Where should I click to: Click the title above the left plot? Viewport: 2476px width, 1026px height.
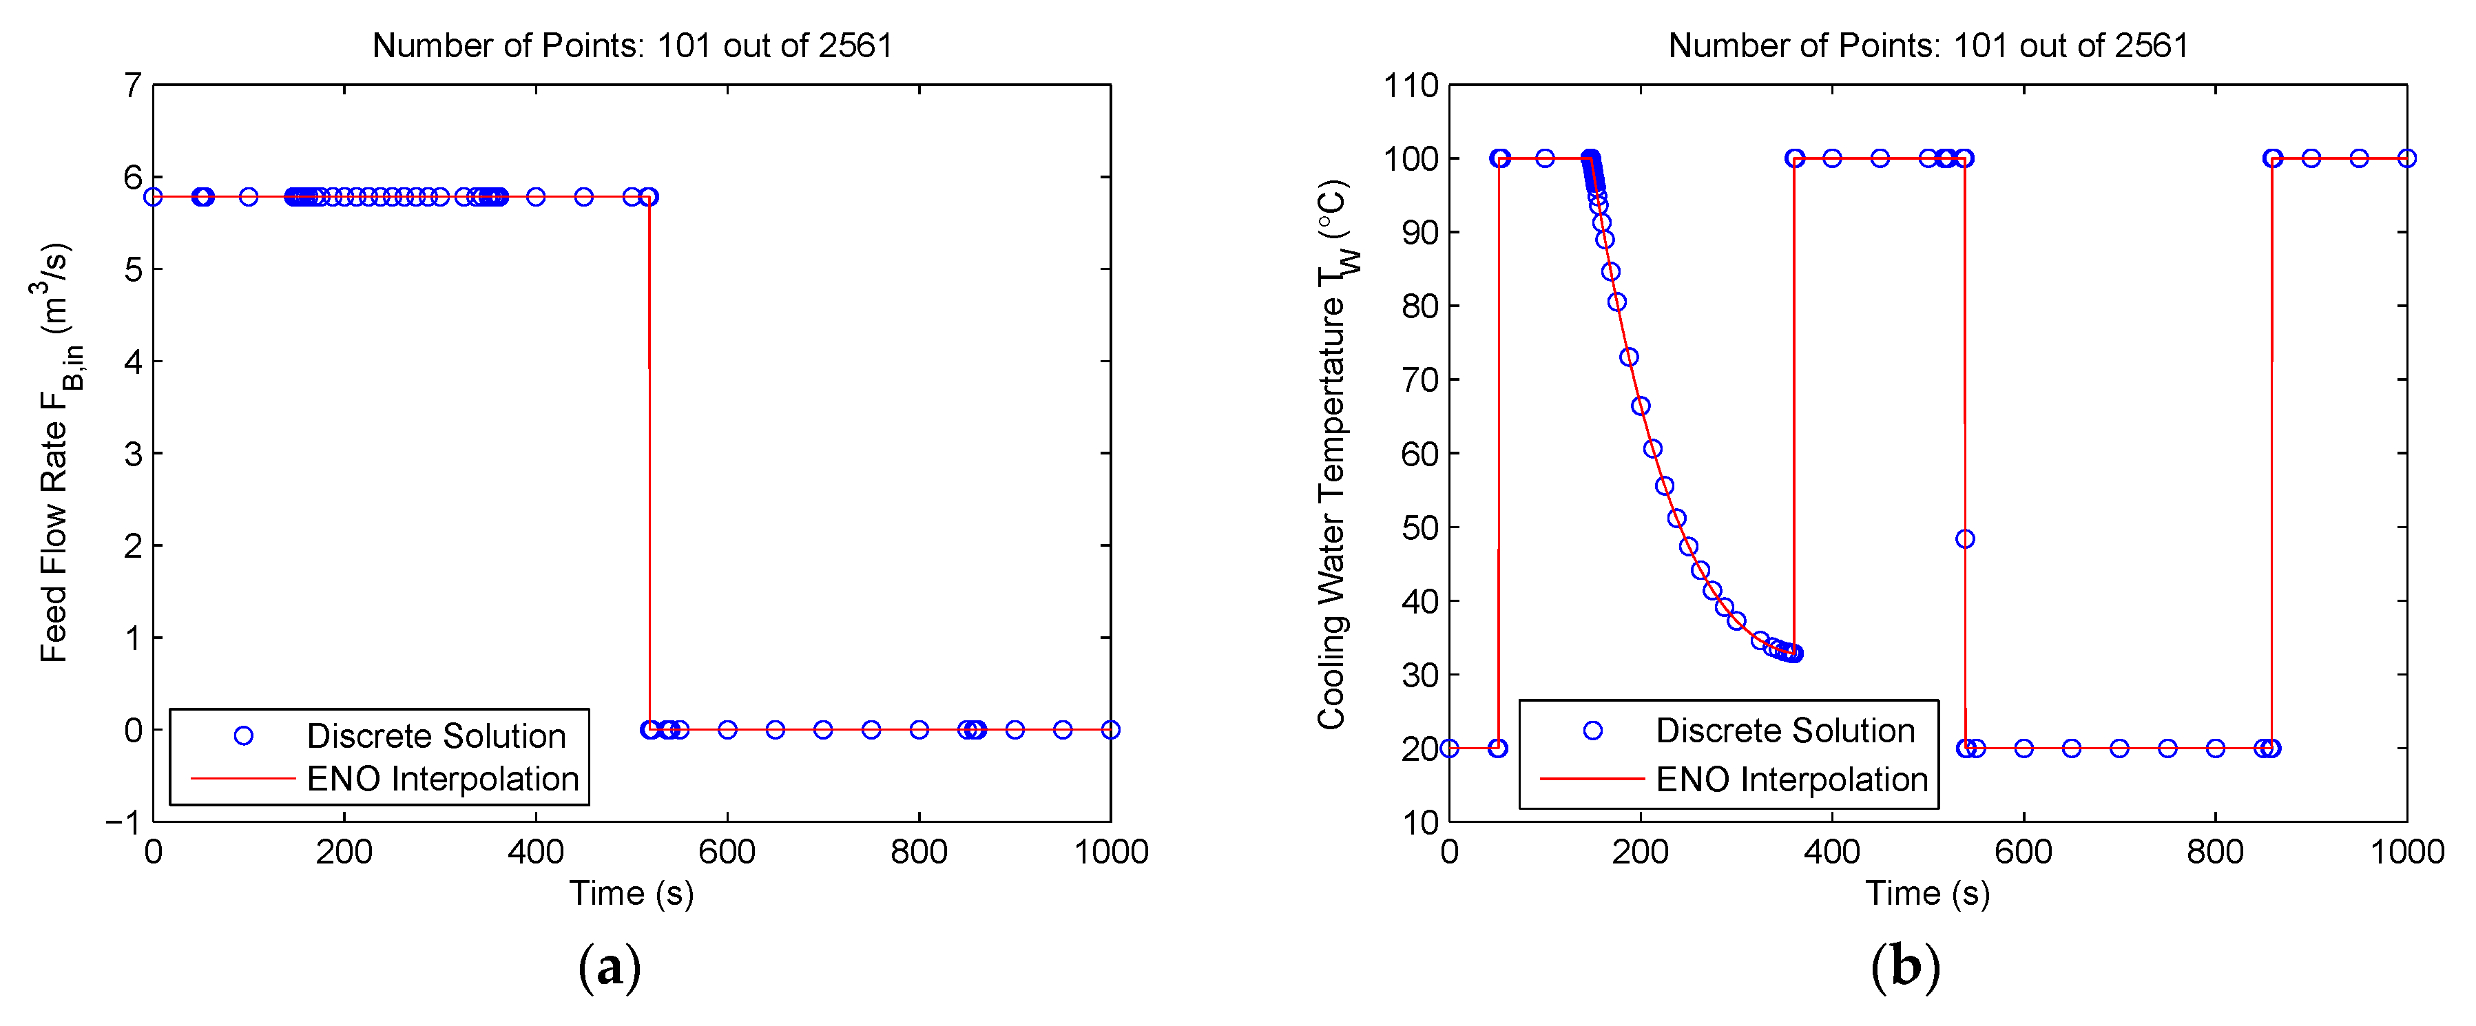[x=632, y=45]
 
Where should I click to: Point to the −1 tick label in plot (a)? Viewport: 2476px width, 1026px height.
[x=123, y=822]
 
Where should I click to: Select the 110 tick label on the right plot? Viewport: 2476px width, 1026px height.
[x=1410, y=85]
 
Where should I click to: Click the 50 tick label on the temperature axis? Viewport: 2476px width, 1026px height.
[x=1419, y=527]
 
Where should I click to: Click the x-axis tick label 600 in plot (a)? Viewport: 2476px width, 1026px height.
[x=727, y=852]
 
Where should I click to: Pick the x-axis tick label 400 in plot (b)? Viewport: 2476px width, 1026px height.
[x=1831, y=852]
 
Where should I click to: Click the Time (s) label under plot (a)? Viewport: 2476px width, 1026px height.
[x=632, y=893]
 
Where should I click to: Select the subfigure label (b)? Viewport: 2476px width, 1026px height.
[x=1905, y=967]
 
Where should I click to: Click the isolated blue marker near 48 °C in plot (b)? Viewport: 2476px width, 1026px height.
[x=1965, y=539]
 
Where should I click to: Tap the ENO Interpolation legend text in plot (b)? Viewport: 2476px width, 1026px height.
[x=1791, y=779]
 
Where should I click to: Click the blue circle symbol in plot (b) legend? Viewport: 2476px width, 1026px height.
[x=1592, y=730]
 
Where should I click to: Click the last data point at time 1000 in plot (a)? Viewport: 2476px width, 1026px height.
[x=1110, y=729]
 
